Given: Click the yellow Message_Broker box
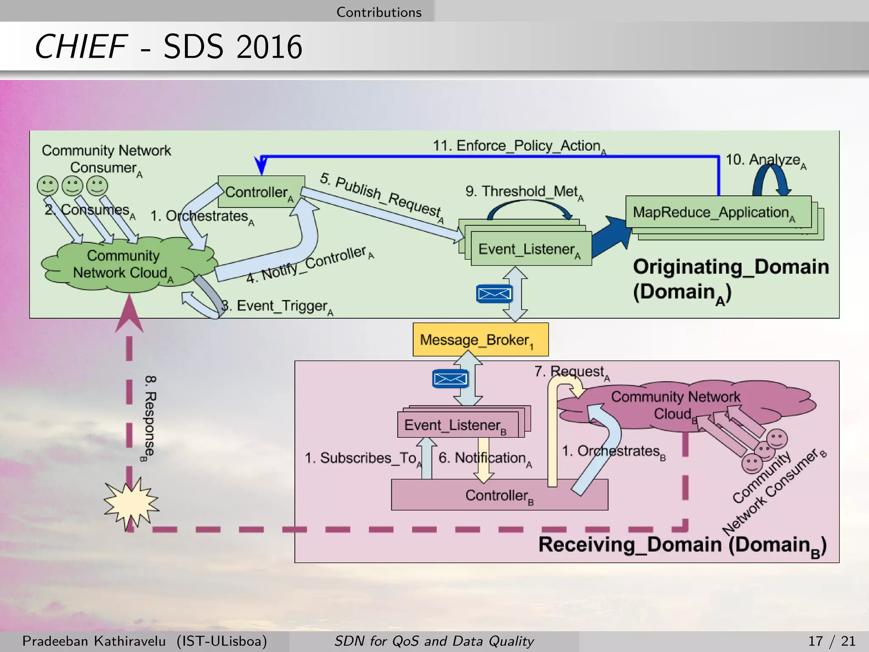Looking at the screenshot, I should pos(480,340).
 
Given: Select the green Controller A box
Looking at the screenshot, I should pos(261,192).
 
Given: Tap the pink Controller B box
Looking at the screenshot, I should pos(499,495).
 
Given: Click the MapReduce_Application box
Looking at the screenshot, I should pos(718,212).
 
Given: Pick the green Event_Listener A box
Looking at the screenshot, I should pos(531,249).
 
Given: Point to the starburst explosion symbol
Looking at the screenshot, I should pos(131,503).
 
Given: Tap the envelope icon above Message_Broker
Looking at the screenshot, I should pos(494,293).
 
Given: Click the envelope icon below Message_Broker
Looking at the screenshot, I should pos(450,379).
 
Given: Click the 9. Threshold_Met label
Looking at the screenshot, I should pos(524,192).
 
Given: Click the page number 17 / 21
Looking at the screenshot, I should pos(831,641).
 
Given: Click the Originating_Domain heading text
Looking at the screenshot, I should pos(731,267).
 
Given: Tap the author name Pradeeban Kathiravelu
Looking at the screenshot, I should pos(94,641).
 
